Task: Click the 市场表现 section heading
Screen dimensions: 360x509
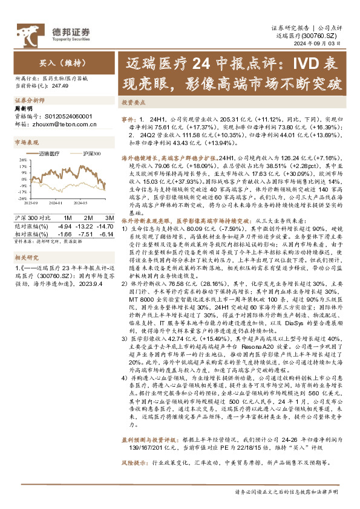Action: pos(27,143)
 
